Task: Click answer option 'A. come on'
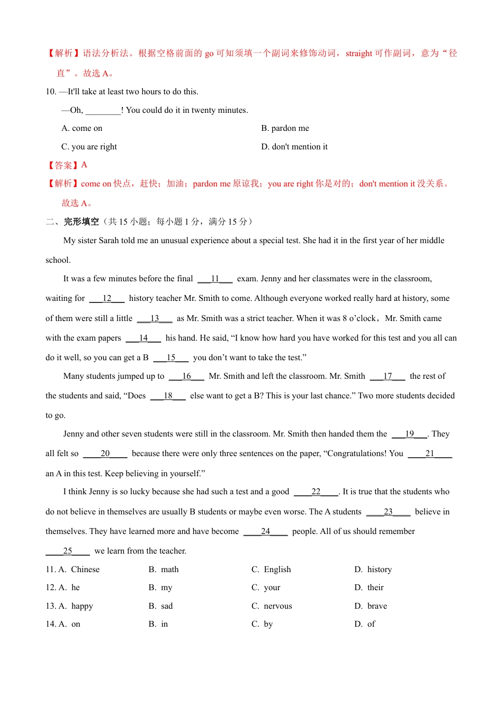(x=82, y=128)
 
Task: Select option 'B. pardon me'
(x=285, y=128)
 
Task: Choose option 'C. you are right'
(x=89, y=147)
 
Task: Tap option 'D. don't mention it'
(x=294, y=147)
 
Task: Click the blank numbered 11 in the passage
(x=215, y=279)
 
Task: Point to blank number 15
(x=171, y=358)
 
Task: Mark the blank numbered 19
(x=409, y=434)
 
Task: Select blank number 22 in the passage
(x=316, y=492)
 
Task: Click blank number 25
(x=68, y=551)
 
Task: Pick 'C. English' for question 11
(x=271, y=569)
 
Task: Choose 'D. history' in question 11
(x=373, y=569)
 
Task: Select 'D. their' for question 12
(x=369, y=588)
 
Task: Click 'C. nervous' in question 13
(x=272, y=606)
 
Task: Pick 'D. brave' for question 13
(x=371, y=606)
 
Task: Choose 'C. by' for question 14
(x=262, y=624)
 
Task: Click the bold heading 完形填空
(x=82, y=221)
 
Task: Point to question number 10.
(x=51, y=92)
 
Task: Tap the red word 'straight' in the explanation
(x=359, y=54)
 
